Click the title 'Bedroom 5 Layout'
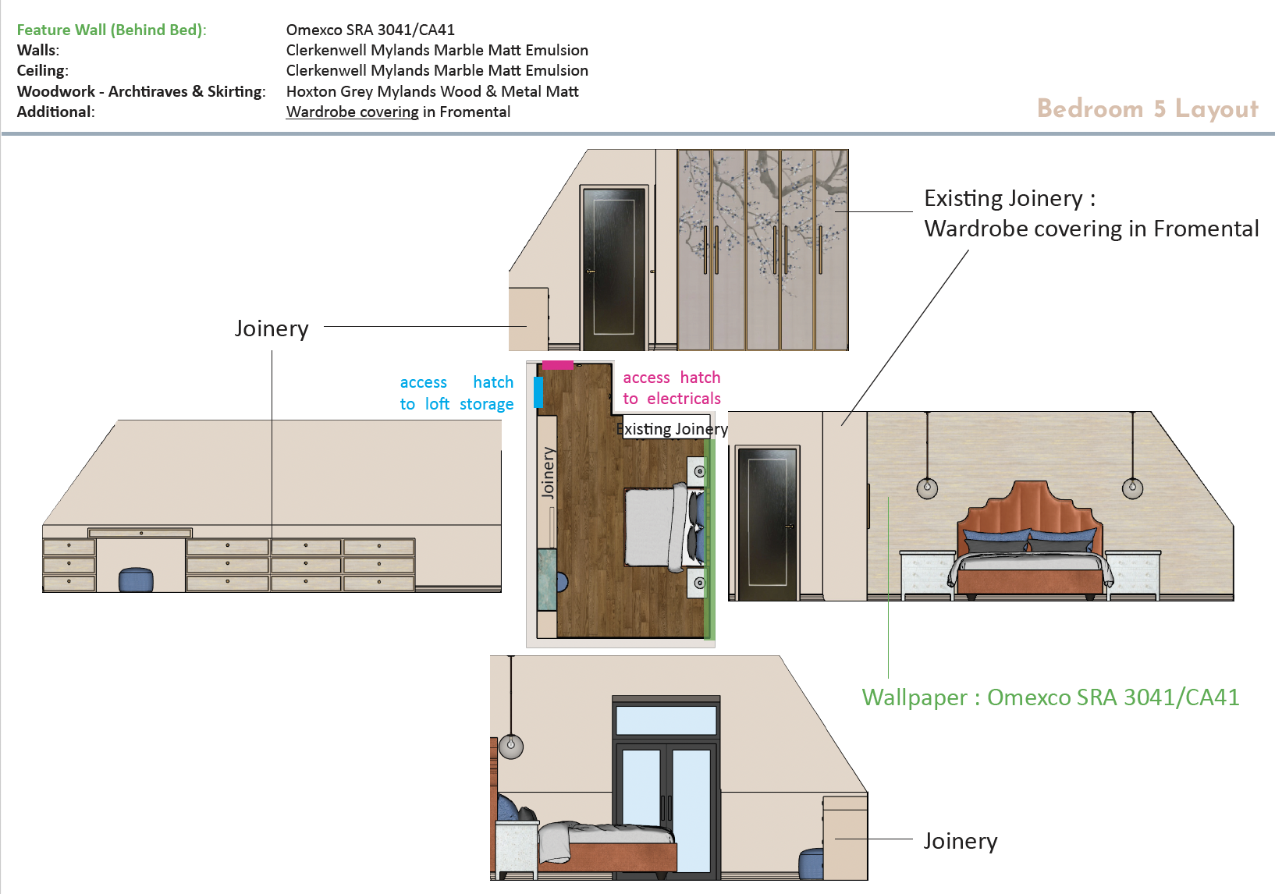(x=1147, y=108)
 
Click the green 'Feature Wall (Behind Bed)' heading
(x=112, y=30)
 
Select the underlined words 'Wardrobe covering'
(x=353, y=112)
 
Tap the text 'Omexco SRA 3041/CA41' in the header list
(x=370, y=30)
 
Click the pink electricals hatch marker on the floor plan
(x=558, y=364)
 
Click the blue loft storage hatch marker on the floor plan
(x=538, y=392)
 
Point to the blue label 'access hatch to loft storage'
(x=456, y=393)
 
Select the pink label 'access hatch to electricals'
(x=671, y=388)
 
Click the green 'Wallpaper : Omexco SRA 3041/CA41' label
(x=1049, y=697)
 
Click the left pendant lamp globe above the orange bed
(x=927, y=488)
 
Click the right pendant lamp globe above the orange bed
(x=1132, y=488)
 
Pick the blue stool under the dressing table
(x=136, y=580)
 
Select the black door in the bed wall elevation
(x=767, y=523)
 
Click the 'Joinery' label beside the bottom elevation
(x=960, y=841)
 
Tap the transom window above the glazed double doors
(x=666, y=719)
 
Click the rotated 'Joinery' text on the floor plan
(x=548, y=473)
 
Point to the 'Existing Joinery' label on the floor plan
(x=673, y=429)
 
